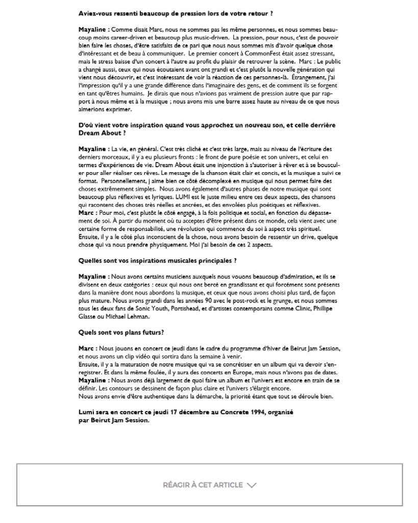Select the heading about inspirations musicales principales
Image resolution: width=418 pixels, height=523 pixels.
(157, 260)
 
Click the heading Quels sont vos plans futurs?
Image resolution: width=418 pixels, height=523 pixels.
(121, 332)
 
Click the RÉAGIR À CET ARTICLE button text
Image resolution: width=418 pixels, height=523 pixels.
(203, 485)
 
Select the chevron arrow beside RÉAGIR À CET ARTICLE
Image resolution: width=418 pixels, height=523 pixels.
(251, 485)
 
